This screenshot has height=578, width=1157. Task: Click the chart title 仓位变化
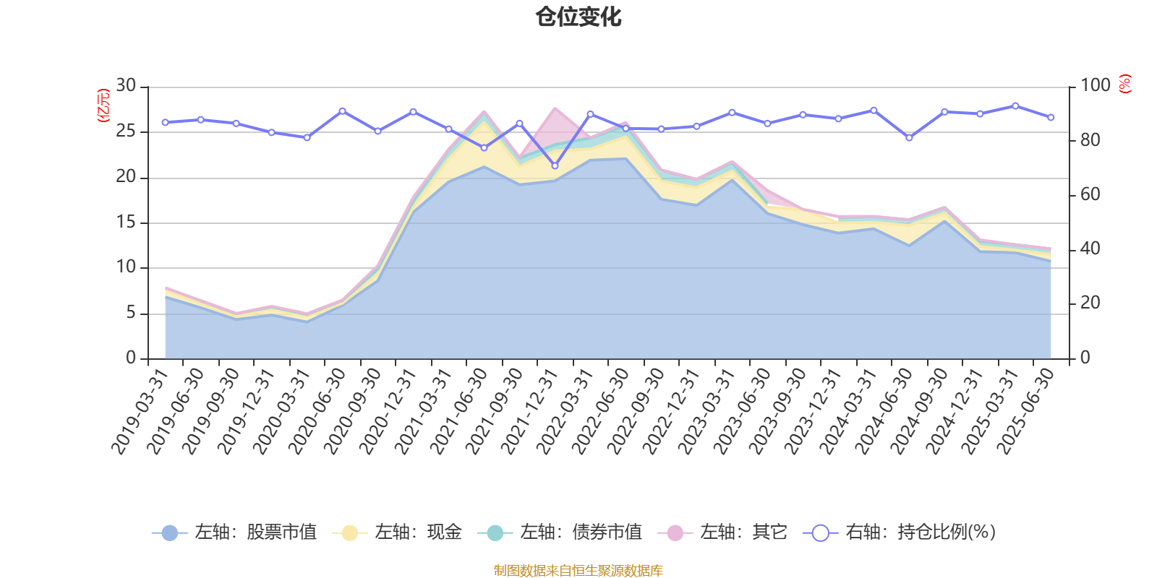coord(578,17)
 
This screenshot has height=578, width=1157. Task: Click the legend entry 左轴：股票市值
coord(235,532)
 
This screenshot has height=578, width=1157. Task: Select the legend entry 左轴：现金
coord(397,532)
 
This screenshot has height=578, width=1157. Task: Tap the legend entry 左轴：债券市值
coord(560,532)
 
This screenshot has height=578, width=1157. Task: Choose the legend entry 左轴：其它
coord(722,532)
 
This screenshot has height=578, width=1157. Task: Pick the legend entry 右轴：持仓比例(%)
coord(900,532)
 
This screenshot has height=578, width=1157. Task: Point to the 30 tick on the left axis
coord(127,86)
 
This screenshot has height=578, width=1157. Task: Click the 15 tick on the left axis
coord(127,223)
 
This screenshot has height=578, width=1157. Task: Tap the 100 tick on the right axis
coord(1095,86)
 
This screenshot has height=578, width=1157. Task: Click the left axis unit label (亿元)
coord(103,105)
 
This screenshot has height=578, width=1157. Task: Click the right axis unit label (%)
coord(1124,84)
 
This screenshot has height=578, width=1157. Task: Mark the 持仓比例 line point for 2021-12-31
coord(555,165)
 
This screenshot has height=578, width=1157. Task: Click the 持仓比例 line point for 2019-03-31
coord(165,123)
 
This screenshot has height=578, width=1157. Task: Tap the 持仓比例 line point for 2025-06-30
coord(1051,117)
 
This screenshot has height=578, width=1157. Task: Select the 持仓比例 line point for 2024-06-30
coord(909,137)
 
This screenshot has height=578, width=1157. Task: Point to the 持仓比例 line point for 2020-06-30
coord(342,111)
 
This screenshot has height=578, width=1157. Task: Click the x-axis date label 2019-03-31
coord(140,411)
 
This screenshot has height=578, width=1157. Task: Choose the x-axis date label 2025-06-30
coord(1026,411)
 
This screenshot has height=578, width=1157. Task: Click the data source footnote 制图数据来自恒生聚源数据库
coord(578,571)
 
